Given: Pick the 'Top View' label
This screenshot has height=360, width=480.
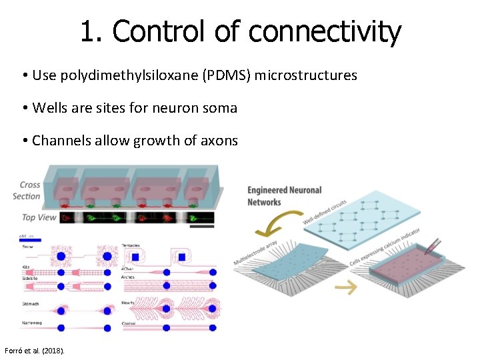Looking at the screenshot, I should point(38,217).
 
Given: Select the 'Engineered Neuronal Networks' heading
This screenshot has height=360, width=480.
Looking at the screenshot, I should point(285,196).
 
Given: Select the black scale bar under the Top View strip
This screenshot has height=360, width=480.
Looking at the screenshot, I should point(199,226).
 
